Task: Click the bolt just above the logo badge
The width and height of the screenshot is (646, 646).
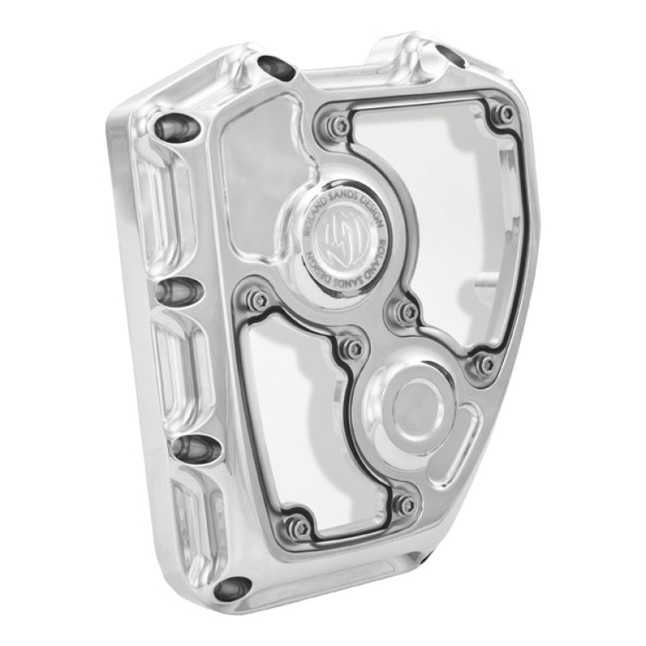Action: [340, 125]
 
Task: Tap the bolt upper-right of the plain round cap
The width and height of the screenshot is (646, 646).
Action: [484, 363]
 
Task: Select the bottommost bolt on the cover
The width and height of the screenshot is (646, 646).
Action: [300, 526]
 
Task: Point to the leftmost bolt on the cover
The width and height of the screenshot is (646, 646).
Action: [258, 300]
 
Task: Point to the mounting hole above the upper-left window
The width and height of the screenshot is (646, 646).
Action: [275, 69]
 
